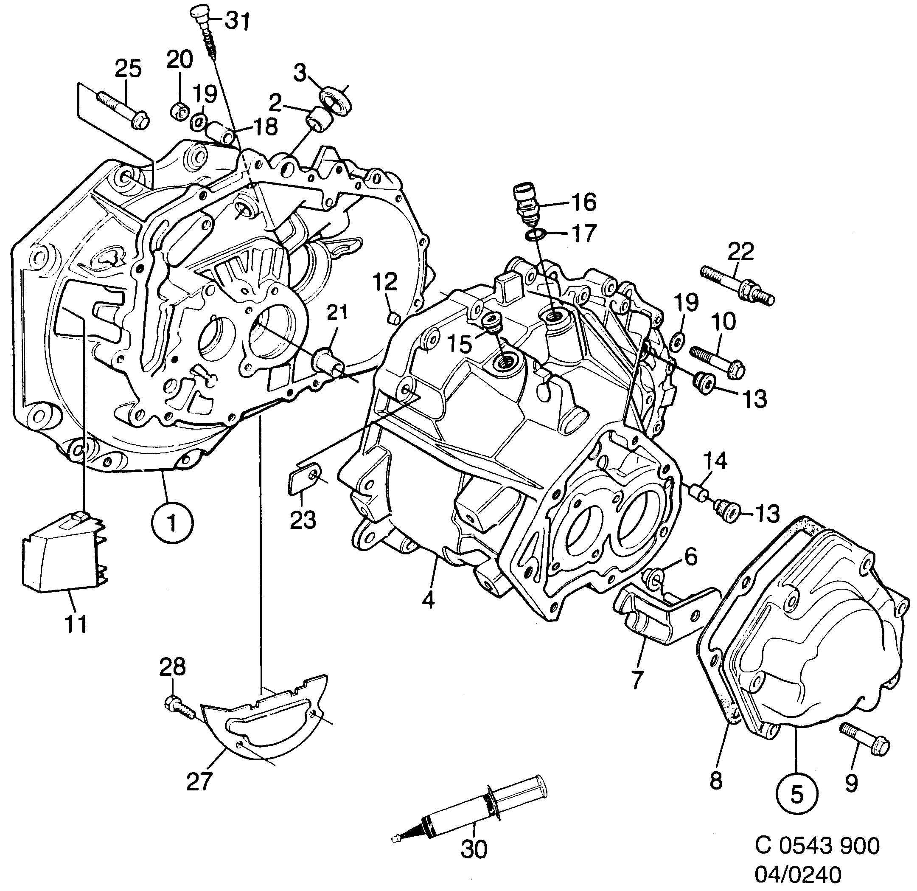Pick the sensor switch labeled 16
526,204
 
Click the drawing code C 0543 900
817,845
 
